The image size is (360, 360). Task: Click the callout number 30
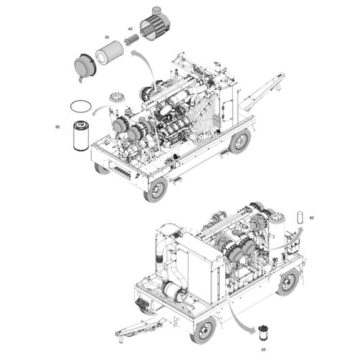coord(107,38)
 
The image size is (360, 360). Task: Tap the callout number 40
coord(130,29)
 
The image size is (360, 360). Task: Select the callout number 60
coord(57,127)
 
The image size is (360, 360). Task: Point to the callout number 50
coord(311,218)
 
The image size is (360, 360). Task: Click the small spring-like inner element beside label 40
coord(132,40)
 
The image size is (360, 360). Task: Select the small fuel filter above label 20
coord(265,332)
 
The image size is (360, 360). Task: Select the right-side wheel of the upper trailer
coord(240,141)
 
